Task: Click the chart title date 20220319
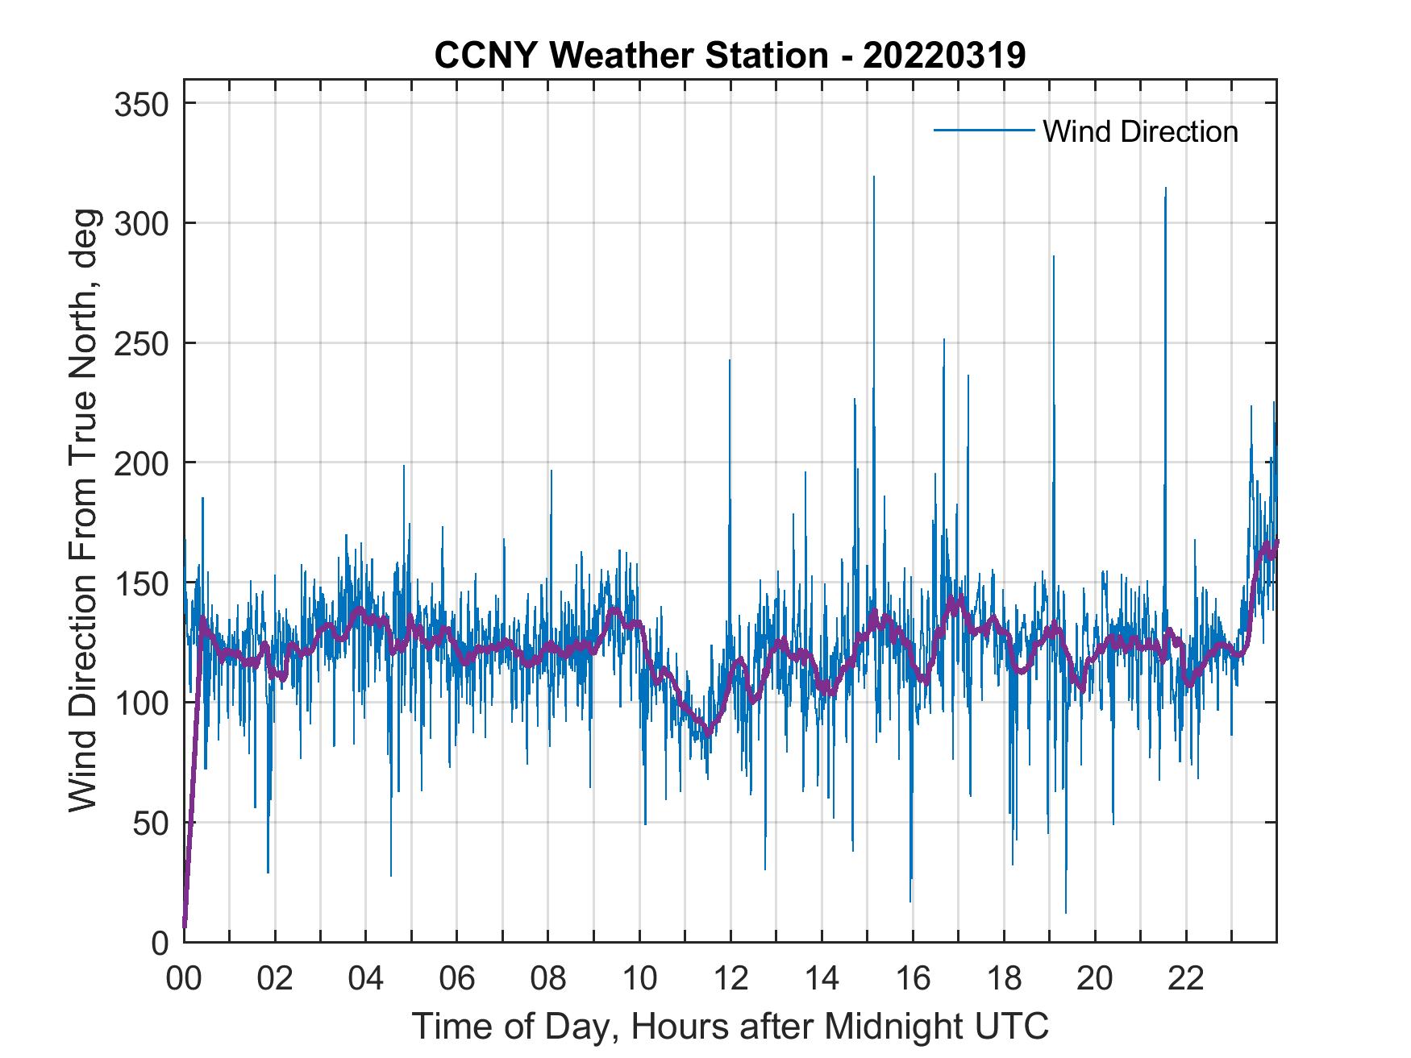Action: [x=944, y=56]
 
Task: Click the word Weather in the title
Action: [x=618, y=56]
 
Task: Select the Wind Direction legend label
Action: [x=1140, y=131]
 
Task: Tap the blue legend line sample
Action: [x=983, y=130]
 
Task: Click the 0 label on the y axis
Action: [x=161, y=943]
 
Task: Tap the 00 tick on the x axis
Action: [x=184, y=979]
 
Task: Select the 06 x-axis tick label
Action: [x=457, y=979]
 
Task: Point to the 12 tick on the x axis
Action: [x=730, y=979]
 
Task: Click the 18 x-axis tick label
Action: [x=1004, y=979]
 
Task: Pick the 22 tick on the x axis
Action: [x=1186, y=979]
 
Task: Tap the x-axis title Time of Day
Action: [x=730, y=1026]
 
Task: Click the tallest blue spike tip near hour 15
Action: [x=874, y=177]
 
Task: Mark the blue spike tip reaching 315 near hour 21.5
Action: [x=1165, y=189]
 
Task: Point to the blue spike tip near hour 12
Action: [x=730, y=360]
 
